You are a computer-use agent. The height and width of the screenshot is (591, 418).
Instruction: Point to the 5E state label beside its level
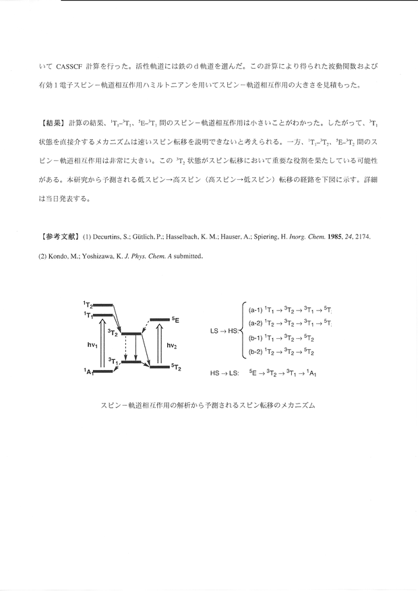click(x=175, y=319)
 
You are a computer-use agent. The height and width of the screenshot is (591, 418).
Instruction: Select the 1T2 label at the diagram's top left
click(x=88, y=305)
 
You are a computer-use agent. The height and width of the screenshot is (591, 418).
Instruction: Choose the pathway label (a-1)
click(x=257, y=311)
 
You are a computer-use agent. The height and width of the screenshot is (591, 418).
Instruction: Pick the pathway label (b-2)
click(x=257, y=352)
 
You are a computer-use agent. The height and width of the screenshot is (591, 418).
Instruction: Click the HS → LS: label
click(x=225, y=371)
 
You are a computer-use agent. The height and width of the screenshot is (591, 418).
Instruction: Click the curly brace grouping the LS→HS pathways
click(x=243, y=331)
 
